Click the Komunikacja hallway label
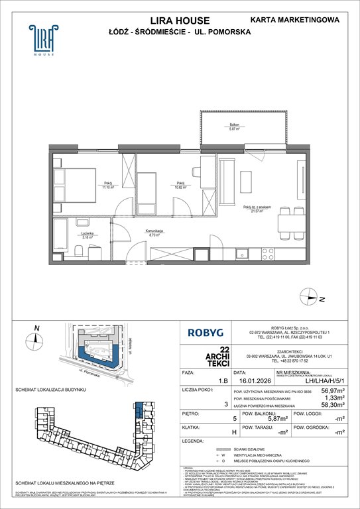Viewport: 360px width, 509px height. [x=155, y=233]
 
